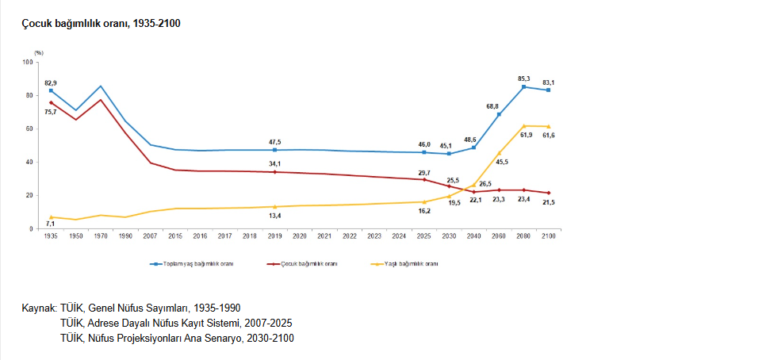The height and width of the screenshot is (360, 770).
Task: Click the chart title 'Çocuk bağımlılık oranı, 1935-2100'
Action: (x=102, y=24)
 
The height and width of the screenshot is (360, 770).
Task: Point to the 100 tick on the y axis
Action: (x=28, y=62)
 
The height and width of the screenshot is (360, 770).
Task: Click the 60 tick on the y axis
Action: (x=29, y=128)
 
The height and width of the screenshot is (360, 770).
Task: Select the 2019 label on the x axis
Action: (x=275, y=236)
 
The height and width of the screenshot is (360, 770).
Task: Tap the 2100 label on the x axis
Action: (x=548, y=236)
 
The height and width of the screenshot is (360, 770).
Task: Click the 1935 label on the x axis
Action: (x=51, y=236)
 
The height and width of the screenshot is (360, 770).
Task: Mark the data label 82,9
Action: (x=51, y=82)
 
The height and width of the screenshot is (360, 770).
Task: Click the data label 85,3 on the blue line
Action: (x=523, y=79)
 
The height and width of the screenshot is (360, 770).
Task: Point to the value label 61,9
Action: (x=523, y=136)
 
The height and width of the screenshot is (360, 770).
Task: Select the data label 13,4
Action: (x=275, y=216)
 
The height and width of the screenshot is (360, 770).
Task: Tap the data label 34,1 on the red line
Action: (x=275, y=164)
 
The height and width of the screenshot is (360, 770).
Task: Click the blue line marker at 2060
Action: (x=499, y=114)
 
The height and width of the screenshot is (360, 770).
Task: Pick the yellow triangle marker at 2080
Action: (x=523, y=125)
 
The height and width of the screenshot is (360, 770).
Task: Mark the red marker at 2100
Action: (x=548, y=193)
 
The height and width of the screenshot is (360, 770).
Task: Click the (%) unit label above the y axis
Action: (x=39, y=52)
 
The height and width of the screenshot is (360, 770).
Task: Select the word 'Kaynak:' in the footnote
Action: (x=38, y=308)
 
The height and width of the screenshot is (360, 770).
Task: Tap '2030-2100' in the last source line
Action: (x=270, y=338)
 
